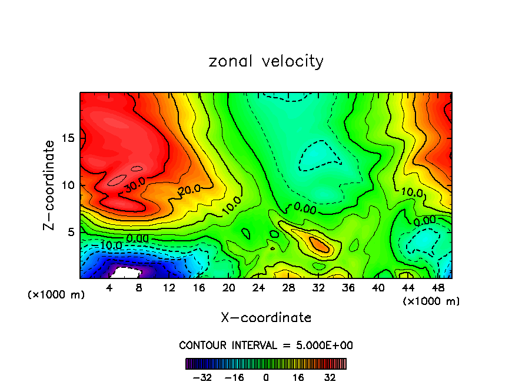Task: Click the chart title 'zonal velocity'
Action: [266, 61]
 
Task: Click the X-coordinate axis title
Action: [266, 318]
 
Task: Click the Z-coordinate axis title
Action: [50, 185]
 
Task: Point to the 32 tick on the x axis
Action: [318, 288]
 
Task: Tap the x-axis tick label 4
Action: [109, 288]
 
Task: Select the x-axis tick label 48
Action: [438, 288]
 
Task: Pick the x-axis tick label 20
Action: [229, 288]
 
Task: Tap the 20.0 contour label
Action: [189, 190]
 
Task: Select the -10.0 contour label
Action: [110, 245]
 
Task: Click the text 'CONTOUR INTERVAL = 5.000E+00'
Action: [266, 345]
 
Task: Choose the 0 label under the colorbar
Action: [266, 377]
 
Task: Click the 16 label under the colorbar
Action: [298, 377]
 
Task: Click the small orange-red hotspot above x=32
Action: [320, 244]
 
